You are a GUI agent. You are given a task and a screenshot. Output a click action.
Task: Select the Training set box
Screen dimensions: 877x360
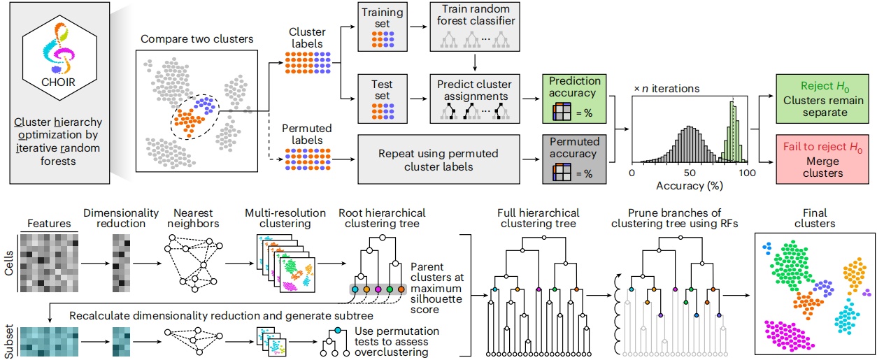[x=383, y=27]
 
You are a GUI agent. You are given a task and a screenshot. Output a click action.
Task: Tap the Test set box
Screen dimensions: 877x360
[x=383, y=99]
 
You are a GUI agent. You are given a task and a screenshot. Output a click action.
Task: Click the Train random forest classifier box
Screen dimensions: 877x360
[x=475, y=27]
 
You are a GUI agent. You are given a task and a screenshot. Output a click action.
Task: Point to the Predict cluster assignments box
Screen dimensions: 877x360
[x=475, y=99]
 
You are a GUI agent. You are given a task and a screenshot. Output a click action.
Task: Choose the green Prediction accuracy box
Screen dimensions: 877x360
[x=574, y=99]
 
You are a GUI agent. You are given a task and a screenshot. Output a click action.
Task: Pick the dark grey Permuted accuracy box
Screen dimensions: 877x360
[x=574, y=159]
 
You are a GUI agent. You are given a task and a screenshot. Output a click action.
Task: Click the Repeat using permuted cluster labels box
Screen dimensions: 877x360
[x=439, y=159]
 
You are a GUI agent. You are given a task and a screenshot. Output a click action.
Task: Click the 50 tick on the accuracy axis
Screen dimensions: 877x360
[x=690, y=173]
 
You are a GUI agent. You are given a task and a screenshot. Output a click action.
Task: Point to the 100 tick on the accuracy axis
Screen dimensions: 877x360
[x=747, y=173]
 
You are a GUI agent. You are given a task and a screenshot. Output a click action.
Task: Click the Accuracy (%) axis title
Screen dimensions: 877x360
[x=690, y=185]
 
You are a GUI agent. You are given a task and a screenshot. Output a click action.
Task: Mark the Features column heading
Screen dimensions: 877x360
[x=49, y=224]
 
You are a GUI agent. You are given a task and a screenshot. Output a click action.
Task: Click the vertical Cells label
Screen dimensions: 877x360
[x=8, y=264]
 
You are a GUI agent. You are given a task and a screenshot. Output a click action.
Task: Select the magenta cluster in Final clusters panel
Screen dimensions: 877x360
[x=787, y=336]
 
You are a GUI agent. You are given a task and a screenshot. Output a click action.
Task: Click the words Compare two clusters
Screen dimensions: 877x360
[x=197, y=39]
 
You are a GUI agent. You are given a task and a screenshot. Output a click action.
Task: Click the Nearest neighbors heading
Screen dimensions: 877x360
[x=193, y=218]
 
